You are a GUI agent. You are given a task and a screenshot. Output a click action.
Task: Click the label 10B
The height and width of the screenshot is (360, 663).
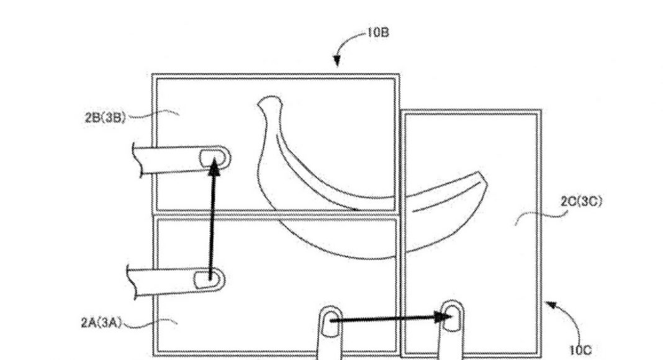tap(378, 32)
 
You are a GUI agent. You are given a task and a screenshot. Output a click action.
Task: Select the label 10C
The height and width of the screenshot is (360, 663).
tap(580, 350)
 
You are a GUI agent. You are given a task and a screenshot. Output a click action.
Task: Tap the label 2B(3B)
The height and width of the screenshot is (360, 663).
tap(106, 117)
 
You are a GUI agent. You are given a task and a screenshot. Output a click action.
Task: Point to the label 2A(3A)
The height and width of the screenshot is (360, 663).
tap(101, 323)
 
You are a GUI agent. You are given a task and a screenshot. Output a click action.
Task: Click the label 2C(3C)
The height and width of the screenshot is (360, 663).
tap(582, 202)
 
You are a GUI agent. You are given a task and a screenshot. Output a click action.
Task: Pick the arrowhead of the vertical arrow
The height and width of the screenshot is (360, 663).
tap(214, 168)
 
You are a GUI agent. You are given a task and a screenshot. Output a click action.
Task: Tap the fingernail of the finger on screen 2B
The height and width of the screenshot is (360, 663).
tap(212, 158)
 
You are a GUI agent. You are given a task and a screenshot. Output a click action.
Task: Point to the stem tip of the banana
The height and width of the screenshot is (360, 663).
tap(269, 100)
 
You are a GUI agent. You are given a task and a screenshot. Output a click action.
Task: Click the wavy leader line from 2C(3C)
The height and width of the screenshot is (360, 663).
tap(541, 215)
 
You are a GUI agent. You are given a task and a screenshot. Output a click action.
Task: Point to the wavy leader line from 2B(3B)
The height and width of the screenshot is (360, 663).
tap(153, 113)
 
